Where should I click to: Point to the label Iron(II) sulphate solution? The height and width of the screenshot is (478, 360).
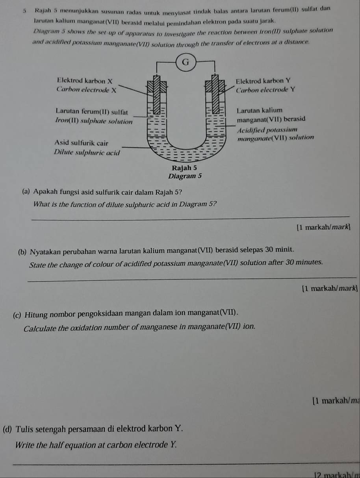pyautogui.click(x=94, y=120)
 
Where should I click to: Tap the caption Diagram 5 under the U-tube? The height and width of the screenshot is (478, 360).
pyautogui.click(x=185, y=176)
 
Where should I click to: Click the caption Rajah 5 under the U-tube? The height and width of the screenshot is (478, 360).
pyautogui.click(x=185, y=168)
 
